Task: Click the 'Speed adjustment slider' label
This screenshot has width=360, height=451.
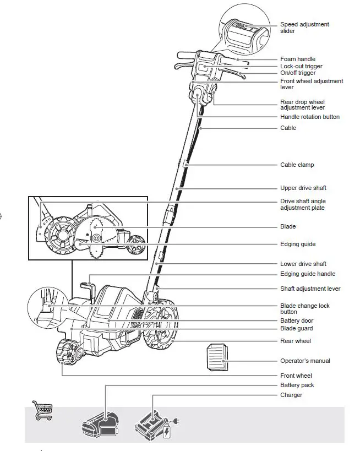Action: [304, 28]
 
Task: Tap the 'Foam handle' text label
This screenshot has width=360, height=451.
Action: [298, 59]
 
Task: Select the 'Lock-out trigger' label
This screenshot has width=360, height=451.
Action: [301, 66]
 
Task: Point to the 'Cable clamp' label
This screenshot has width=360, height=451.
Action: [297, 165]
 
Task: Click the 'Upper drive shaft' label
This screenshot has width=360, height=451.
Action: [303, 188]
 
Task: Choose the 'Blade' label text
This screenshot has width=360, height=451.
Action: [288, 226]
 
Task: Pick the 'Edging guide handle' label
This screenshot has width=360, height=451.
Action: [308, 274]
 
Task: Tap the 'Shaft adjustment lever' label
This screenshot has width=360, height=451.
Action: [310, 289]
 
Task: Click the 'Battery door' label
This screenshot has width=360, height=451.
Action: [297, 320]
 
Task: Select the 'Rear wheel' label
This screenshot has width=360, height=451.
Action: [296, 341]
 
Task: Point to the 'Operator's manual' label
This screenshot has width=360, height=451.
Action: [306, 361]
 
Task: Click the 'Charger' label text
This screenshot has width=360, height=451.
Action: [291, 395]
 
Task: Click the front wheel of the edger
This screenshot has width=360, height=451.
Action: [67, 352]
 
